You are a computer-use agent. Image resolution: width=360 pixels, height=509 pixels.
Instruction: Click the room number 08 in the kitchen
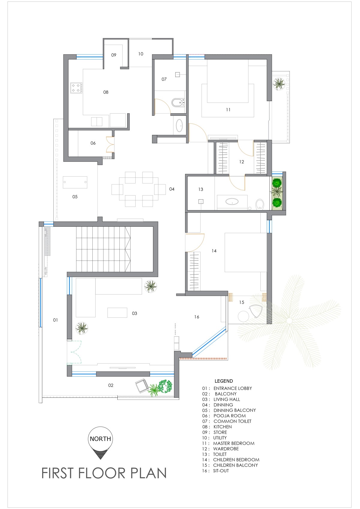106,92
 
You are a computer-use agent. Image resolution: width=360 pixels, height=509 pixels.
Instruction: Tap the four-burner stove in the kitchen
76,88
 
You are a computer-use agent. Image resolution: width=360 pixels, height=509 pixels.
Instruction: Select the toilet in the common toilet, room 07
177,103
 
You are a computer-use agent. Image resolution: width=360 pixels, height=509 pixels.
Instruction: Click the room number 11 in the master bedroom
228,110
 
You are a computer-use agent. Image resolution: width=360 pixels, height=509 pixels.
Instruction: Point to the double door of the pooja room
110,144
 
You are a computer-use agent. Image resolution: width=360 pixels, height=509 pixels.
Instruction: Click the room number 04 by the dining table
172,189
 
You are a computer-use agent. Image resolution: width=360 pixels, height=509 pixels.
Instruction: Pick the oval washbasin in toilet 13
232,201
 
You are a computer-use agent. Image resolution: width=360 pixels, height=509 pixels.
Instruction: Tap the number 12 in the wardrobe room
241,162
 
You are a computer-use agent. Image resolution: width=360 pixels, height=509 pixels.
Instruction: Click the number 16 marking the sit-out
196,317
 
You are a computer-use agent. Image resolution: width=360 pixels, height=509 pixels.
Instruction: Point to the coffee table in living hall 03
117,313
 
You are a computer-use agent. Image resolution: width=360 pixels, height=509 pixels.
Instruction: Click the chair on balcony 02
141,386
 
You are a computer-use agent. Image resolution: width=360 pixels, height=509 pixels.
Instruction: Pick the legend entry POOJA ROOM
229,416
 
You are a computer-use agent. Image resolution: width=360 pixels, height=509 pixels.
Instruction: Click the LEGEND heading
223,381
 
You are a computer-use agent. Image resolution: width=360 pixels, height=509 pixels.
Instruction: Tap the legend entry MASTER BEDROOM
234,443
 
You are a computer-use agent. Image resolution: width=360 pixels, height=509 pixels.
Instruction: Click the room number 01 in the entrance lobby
55,320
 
